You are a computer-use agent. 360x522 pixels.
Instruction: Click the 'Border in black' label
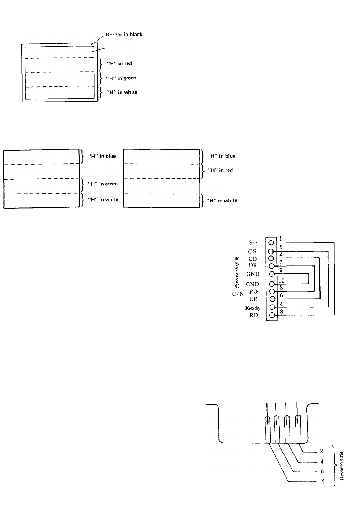124,35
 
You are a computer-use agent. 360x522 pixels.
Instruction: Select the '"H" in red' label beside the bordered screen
119,63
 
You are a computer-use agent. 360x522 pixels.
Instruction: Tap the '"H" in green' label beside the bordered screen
121,78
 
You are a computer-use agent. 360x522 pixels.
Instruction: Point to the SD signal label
253,243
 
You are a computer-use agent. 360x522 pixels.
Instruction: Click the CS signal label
252,251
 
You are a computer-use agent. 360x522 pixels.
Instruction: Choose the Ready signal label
253,308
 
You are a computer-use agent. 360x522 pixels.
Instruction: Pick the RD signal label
254,315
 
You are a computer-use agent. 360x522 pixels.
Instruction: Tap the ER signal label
253,299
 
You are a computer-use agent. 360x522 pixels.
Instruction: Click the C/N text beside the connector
238,294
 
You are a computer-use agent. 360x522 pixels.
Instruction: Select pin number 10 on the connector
281,281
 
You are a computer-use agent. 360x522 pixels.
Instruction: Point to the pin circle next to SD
271,243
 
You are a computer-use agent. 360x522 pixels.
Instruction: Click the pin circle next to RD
272,315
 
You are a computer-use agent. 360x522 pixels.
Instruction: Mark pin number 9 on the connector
281,270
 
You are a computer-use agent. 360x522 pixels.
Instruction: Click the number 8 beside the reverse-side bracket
323,481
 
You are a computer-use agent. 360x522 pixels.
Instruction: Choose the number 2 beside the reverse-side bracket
321,451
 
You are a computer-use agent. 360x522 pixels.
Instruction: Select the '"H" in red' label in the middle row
220,170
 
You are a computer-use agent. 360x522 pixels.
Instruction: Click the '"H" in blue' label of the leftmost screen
102,156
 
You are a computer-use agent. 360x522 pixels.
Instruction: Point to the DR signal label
253,265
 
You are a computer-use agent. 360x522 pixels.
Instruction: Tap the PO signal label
254,291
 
